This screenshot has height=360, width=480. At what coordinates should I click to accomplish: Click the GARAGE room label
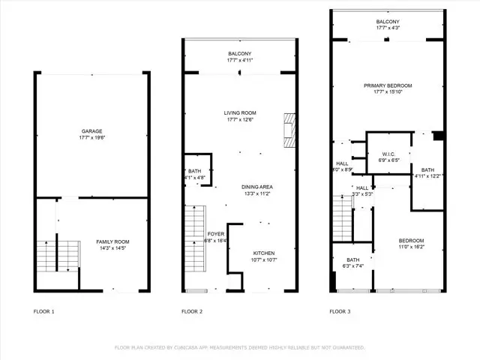92,131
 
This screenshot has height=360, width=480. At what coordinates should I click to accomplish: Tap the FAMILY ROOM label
113,241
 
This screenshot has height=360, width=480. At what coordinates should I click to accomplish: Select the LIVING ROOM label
240,112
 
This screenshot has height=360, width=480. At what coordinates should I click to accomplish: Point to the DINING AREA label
256,186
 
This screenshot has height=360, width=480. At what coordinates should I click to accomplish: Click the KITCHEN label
262,253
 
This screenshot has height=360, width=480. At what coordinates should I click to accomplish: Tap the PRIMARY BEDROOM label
388,86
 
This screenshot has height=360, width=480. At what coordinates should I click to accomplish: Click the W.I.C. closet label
388,153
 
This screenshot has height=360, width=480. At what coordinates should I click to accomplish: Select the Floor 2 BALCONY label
240,54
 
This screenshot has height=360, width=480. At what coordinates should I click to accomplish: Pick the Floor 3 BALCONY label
388,22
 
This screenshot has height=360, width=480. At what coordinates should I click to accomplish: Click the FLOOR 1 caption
44,311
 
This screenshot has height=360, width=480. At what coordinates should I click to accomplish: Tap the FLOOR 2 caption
193,311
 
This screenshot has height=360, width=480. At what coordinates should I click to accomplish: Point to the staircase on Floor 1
52,255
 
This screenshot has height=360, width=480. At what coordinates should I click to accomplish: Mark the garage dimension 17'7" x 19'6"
92,138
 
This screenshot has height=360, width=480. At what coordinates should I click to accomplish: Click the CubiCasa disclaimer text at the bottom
239,347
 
